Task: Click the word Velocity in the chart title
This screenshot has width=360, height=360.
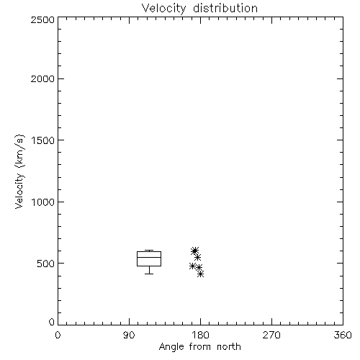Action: coord(163,9)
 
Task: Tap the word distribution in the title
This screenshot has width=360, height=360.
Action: coord(225,8)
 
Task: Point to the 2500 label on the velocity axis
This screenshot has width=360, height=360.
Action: coord(42,19)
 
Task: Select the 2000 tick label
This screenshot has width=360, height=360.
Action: coord(42,78)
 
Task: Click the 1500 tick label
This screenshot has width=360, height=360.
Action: coord(43,140)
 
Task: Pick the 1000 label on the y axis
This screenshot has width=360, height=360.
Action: coord(43,202)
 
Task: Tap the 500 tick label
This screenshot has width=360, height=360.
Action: coord(45,264)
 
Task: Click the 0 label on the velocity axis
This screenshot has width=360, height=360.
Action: coord(52,322)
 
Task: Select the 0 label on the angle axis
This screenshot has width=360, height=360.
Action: coord(58,335)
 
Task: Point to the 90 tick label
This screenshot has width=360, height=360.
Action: coord(129,335)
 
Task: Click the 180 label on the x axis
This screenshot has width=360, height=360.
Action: coord(200,335)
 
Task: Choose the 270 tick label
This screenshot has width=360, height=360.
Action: coord(271,335)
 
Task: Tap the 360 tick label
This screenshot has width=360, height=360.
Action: coord(343,335)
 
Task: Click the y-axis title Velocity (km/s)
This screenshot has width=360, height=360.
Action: coord(19,171)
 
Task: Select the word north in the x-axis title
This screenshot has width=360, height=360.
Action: coord(229,347)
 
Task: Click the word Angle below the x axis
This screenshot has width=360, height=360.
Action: coord(171,347)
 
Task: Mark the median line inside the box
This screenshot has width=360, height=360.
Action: coord(149,257)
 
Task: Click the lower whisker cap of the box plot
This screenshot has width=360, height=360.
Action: coord(149,274)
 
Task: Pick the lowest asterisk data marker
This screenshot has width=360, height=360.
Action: coord(201,274)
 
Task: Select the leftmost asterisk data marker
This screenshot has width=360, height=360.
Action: coord(192,266)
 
